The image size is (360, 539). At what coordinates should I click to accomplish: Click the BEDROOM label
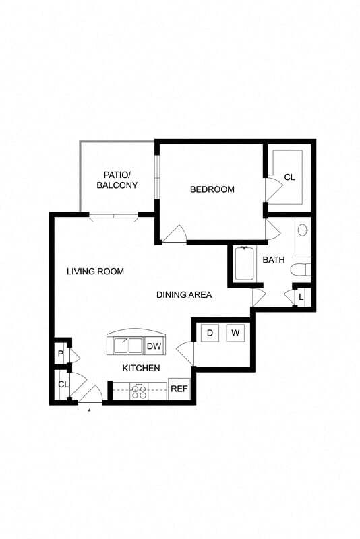pos(212,189)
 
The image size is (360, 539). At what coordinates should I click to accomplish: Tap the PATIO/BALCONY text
pos(117,179)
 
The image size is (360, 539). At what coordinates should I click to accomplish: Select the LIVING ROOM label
pos(95,272)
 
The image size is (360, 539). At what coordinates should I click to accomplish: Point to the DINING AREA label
pos(184,294)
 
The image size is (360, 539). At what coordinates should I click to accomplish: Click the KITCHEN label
pos(141,368)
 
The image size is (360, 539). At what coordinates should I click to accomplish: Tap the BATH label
pos(274,259)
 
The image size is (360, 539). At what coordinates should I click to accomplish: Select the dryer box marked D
pos(210,333)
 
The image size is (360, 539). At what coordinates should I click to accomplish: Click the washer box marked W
pos(235,333)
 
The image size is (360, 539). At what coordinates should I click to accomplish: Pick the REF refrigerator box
pos(179,389)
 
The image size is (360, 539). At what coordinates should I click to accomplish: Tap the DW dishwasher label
pos(154,346)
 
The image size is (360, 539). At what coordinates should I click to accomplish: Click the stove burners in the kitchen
pos(140,391)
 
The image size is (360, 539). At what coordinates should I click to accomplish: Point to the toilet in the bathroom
pos(300,270)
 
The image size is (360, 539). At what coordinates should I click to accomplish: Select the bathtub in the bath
pos(245,263)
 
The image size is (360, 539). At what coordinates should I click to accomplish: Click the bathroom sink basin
pos(303,230)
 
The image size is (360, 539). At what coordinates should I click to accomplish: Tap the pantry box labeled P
pos(61,354)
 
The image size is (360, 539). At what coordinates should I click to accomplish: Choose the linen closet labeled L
pos(301,296)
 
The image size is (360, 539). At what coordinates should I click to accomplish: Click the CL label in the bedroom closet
pos(289,177)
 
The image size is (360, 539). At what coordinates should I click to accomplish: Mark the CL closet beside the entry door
pos(63,385)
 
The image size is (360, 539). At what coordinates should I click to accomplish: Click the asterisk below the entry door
pos(89,410)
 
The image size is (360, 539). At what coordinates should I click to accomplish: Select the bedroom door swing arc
pos(175,232)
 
